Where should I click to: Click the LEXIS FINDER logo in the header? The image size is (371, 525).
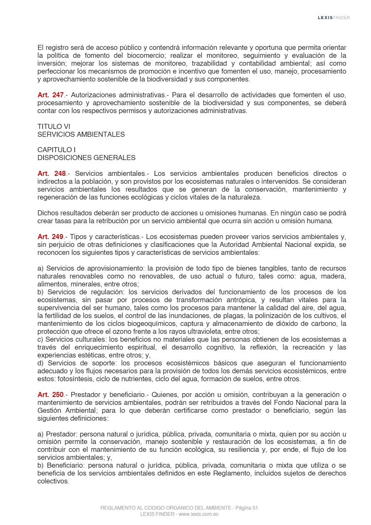334,17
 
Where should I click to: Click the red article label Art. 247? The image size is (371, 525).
50,95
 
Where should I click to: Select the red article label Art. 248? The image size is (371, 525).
52,173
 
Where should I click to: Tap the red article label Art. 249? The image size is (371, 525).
50,237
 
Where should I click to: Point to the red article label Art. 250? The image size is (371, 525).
50,394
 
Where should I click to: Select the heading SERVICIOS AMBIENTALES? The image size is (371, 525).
81,134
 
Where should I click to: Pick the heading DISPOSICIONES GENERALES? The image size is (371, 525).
87,158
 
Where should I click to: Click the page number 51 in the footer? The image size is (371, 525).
255,508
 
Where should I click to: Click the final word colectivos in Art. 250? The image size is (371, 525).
53,481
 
